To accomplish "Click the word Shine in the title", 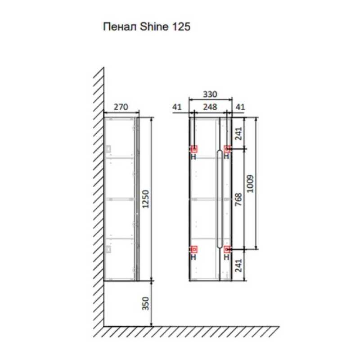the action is click(154, 27).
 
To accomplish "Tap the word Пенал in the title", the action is click(120, 27).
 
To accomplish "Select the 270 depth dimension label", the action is click(121, 107).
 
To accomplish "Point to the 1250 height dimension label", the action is click(145, 199).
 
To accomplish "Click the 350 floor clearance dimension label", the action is click(145, 303).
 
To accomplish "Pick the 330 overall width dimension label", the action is click(210, 94).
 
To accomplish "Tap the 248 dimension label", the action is click(210, 107).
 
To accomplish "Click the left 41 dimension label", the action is click(177, 107).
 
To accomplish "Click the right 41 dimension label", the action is click(240, 107).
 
